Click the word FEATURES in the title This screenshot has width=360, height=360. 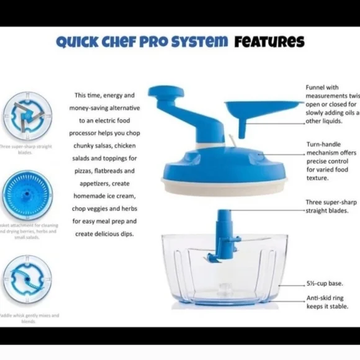click(x=269, y=42)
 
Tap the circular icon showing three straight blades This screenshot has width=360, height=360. click(x=27, y=116)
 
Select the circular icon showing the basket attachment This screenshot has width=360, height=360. click(x=27, y=194)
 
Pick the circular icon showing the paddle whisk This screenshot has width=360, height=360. click(x=27, y=280)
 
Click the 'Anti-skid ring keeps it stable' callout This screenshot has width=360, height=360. click(x=324, y=302)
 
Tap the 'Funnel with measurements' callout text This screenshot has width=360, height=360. click(x=331, y=105)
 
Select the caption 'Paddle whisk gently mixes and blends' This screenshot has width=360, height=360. click(x=29, y=318)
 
